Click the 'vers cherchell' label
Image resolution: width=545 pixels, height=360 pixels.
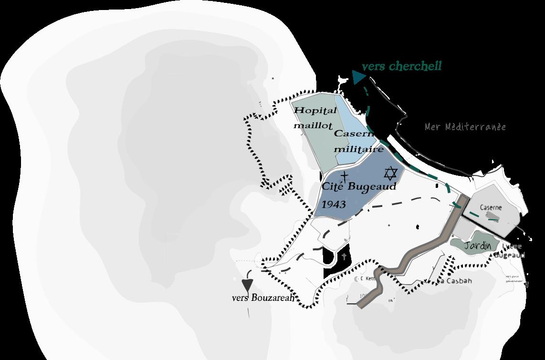click(x=401, y=66)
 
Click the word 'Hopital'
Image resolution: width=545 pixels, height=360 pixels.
click(x=315, y=111)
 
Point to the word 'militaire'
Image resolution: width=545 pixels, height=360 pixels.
click(x=359, y=149)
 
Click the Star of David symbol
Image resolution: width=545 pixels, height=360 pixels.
click(x=390, y=173)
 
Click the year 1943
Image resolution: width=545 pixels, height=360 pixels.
click(x=334, y=205)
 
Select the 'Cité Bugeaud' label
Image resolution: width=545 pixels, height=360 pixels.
click(x=359, y=186)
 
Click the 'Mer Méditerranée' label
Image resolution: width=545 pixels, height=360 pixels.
click(x=465, y=127)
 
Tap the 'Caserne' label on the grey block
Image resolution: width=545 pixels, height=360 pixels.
click(x=491, y=208)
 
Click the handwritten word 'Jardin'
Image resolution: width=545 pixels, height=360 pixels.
click(x=478, y=246)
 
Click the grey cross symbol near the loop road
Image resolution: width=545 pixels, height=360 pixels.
click(x=344, y=257)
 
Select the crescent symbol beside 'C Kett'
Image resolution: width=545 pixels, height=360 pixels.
click(x=357, y=278)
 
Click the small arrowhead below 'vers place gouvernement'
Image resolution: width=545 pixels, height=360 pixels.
click(x=526, y=285)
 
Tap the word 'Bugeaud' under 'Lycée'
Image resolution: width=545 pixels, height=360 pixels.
click(x=509, y=255)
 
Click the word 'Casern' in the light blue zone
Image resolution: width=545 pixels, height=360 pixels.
click(x=354, y=134)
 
